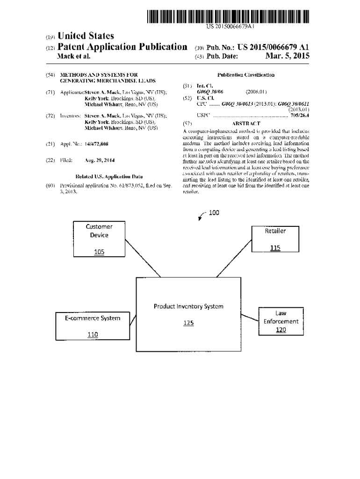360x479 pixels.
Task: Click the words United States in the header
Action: pos(85,36)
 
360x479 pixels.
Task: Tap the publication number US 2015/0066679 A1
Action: pos(273,47)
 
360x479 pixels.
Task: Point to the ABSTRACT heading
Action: pos(246,123)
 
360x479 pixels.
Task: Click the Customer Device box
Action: pos(99,239)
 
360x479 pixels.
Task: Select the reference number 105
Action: pos(99,252)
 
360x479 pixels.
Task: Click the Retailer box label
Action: pos(275,231)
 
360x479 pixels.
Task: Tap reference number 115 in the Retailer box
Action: pos(275,248)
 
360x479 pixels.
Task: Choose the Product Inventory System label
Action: pos(188,306)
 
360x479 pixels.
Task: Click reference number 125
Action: pos(188,323)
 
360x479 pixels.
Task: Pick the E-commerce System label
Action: pos(93,318)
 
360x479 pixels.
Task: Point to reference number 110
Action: pos(93,334)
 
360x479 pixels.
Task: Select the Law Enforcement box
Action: pos(281,321)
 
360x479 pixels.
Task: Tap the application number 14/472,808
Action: pos(96,144)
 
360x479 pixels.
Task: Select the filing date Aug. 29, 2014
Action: pos(100,160)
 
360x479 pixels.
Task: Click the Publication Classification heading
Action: pos(246,75)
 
